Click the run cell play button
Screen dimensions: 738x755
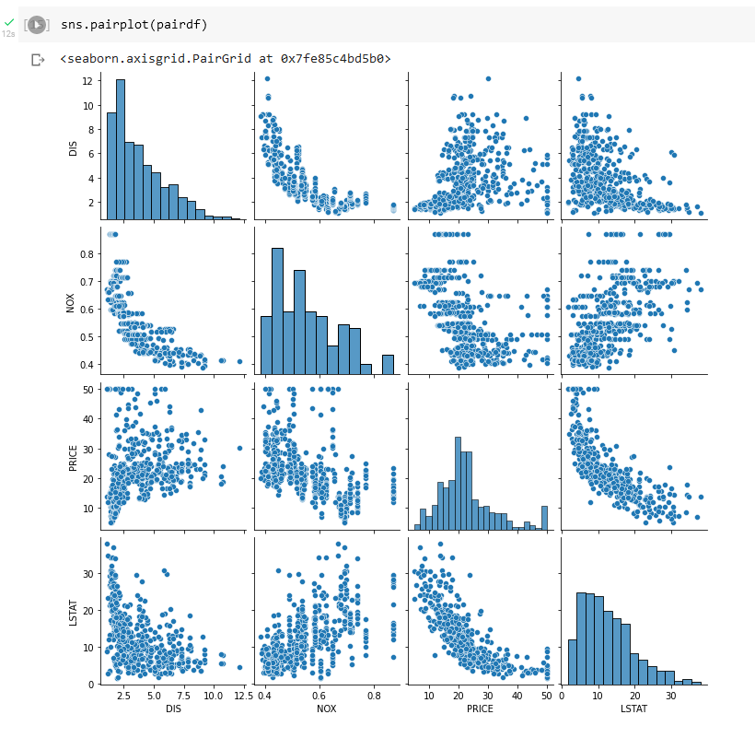[36, 25]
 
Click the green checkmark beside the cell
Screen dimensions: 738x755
[9, 20]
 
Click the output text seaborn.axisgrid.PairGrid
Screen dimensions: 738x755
[226, 59]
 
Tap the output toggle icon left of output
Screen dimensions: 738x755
[38, 60]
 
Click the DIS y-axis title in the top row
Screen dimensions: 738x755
[73, 146]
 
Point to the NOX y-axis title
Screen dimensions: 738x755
[73, 300]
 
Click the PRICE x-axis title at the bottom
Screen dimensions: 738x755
[480, 711]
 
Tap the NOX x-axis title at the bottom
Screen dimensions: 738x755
[326, 711]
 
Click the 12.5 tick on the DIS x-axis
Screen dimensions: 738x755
[242, 696]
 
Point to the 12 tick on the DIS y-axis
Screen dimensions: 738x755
[87, 80]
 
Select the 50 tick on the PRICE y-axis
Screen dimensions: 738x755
[87, 390]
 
